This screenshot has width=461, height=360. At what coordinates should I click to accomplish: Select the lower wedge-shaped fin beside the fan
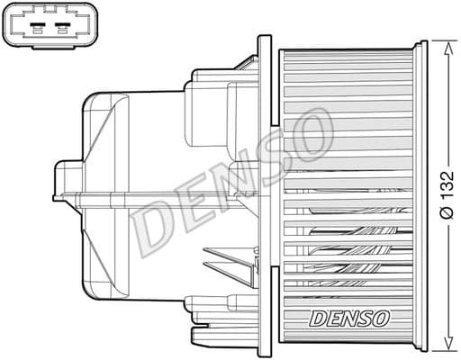(x=225, y=270)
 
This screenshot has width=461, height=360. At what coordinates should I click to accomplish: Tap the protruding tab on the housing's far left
(x=63, y=180)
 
